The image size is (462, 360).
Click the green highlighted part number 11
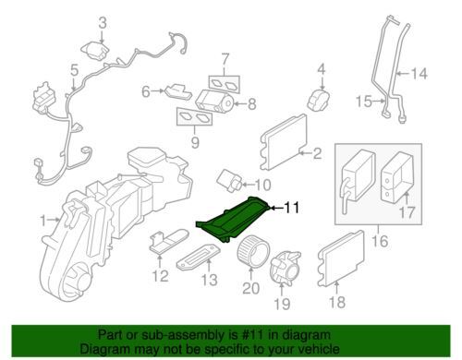[x=233, y=219]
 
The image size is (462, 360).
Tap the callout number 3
[x=103, y=23]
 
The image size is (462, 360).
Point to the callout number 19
[x=282, y=304]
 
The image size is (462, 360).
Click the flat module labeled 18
[x=341, y=258]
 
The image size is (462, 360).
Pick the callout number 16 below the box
[x=380, y=241]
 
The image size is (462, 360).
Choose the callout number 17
[x=407, y=212]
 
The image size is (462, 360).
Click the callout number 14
[x=419, y=74]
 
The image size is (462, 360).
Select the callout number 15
[x=364, y=102]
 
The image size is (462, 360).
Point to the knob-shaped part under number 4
[x=318, y=99]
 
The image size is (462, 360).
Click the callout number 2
[x=317, y=153]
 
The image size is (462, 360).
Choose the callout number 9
[x=195, y=142]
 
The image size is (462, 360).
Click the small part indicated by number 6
[x=178, y=91]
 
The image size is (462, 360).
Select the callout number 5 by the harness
[x=74, y=71]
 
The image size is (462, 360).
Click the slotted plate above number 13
[x=199, y=258]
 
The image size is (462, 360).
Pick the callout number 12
[x=161, y=276]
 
